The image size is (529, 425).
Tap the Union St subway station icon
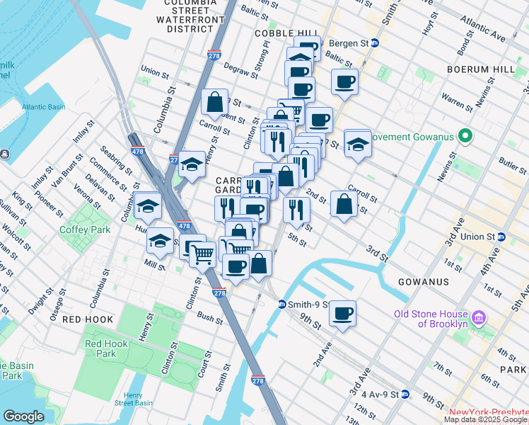click(501, 237)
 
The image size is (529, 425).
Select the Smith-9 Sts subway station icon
click(281, 305)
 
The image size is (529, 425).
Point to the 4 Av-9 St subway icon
click(405, 394)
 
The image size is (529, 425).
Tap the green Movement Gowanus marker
click(465, 135)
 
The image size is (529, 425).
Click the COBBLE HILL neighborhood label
click(287, 33)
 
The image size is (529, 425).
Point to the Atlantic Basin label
click(43, 107)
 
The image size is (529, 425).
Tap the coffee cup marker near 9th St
click(343, 313)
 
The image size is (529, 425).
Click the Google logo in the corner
click(23, 416)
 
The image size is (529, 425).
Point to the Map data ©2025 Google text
click(485, 419)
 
